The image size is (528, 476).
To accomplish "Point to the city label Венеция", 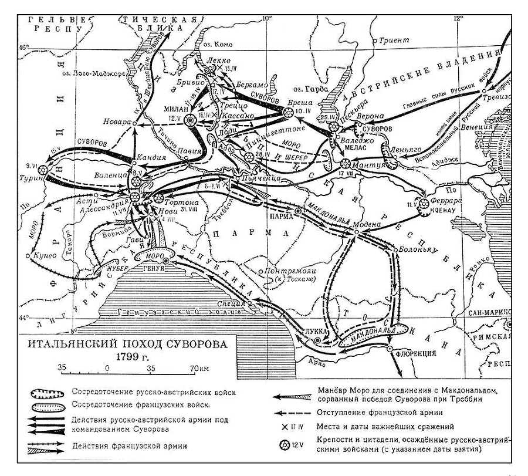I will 476,127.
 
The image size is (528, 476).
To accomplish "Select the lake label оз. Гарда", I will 307,89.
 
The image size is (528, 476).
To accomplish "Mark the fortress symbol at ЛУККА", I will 317,340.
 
